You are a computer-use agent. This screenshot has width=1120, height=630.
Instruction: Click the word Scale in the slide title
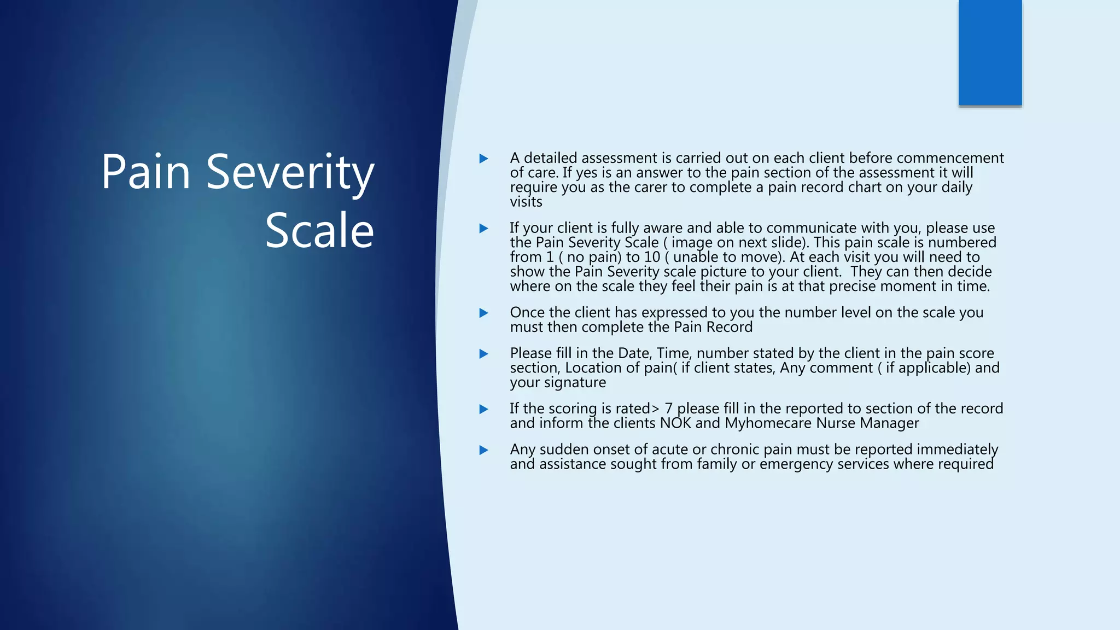319,231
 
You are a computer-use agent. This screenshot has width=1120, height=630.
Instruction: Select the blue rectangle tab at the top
990,52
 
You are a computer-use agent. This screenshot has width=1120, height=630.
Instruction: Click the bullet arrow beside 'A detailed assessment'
483,159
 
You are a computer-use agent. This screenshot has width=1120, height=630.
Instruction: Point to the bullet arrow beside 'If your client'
483,229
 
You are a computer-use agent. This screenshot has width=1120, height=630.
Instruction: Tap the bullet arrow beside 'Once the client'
483,313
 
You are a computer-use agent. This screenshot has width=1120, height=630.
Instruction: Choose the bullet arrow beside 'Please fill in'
483,354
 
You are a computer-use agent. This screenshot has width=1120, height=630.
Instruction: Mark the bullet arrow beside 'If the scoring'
483,409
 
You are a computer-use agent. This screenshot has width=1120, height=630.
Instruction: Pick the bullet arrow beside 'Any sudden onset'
483,450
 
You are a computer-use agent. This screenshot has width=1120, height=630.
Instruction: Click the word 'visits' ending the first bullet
526,202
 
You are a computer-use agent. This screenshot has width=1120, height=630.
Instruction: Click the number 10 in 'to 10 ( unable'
652,257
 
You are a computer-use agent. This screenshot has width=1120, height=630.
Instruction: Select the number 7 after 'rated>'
668,409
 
